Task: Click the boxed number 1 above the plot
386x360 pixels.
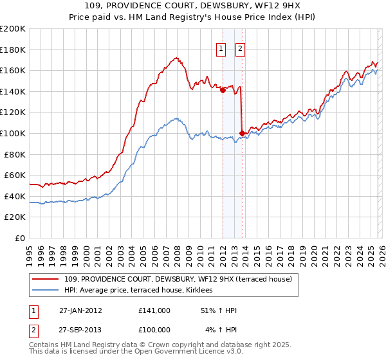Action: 221,48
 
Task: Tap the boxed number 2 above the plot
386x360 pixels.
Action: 241,48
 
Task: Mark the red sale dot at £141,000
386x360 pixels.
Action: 223,91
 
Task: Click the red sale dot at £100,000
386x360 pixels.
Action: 242,134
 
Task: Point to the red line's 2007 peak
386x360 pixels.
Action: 175,59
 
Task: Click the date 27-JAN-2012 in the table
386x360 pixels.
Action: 81,310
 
